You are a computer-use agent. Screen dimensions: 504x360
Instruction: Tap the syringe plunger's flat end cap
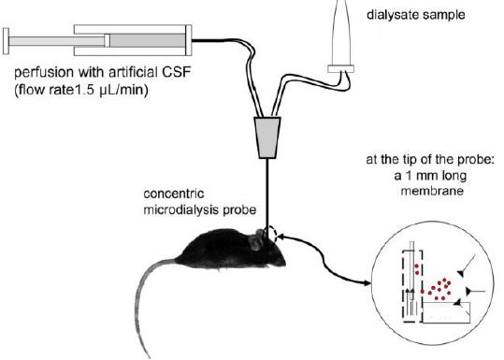6,41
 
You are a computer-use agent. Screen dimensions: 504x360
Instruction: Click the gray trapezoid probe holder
267,137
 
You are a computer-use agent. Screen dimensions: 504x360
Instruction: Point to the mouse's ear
256,240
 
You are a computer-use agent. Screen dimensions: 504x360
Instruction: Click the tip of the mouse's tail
149,356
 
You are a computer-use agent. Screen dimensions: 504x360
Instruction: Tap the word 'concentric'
174,194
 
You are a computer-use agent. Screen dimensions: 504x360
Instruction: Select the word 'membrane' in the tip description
432,191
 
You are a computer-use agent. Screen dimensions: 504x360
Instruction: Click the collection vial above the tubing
341,33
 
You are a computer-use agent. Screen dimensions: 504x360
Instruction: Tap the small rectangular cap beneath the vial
341,69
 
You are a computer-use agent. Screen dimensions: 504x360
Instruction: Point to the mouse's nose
284,263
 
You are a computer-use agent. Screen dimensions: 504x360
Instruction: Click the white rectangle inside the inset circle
446,312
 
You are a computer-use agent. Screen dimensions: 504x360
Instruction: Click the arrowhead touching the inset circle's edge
367,283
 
